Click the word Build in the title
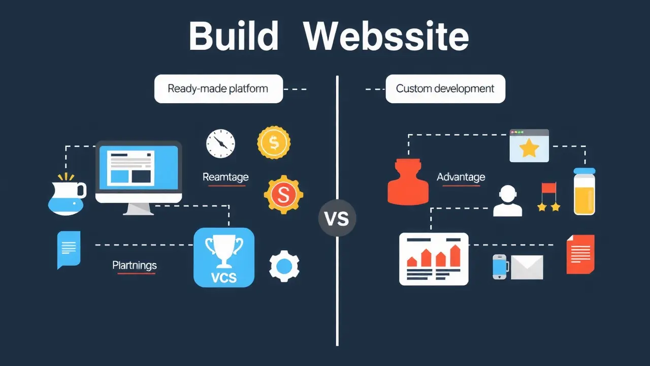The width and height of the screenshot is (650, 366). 233,36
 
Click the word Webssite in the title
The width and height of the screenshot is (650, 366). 385,36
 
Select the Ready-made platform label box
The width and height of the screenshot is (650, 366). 218,89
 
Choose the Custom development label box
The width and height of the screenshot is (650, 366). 445,89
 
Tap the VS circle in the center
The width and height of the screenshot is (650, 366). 337,219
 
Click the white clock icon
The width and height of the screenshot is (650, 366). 220,143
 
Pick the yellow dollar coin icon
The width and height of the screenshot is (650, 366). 274,143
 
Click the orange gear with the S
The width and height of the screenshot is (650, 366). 283,194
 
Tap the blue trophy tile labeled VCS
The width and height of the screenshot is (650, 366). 224,257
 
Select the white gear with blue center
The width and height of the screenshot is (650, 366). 284,266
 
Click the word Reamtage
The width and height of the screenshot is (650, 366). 225,177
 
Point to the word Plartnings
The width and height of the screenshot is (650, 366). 135,265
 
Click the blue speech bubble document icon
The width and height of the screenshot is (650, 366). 69,249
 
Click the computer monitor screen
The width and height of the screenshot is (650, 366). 139,165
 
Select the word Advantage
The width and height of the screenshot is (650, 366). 461,177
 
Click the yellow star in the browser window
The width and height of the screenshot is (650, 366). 529,148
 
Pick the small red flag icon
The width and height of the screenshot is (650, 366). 548,188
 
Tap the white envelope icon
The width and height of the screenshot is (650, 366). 527,267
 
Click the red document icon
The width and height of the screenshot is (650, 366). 580,254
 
